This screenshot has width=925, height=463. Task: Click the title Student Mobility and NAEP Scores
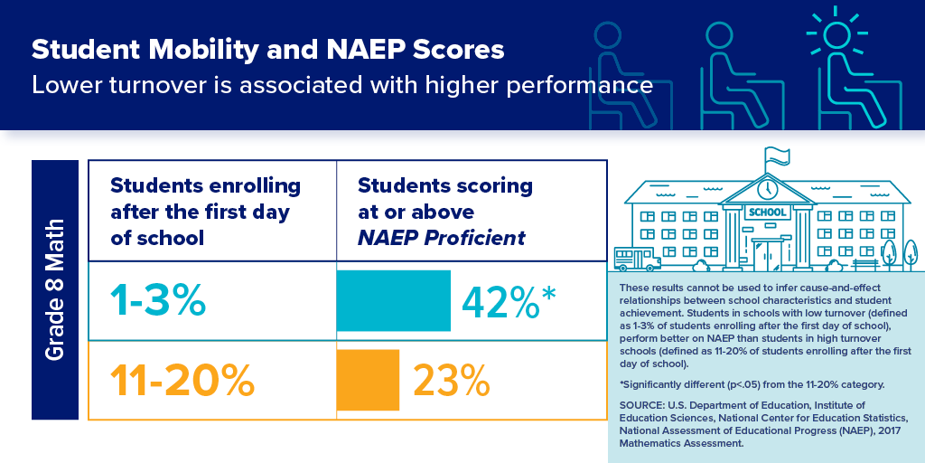[x=268, y=49]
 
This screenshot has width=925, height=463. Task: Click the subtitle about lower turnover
[x=341, y=87]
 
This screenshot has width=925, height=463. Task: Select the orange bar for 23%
[x=368, y=380]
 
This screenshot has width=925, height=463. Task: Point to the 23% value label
[x=452, y=381]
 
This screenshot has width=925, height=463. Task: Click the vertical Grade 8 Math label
[x=55, y=289]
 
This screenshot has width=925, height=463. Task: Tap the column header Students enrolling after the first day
[x=204, y=212]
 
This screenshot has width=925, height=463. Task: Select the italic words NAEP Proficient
[x=442, y=239]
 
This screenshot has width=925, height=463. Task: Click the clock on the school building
[x=767, y=189]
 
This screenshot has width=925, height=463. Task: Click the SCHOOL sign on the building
[x=767, y=213]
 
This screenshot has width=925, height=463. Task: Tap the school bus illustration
[x=637, y=260]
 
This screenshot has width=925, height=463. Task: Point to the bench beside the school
[x=864, y=263]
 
